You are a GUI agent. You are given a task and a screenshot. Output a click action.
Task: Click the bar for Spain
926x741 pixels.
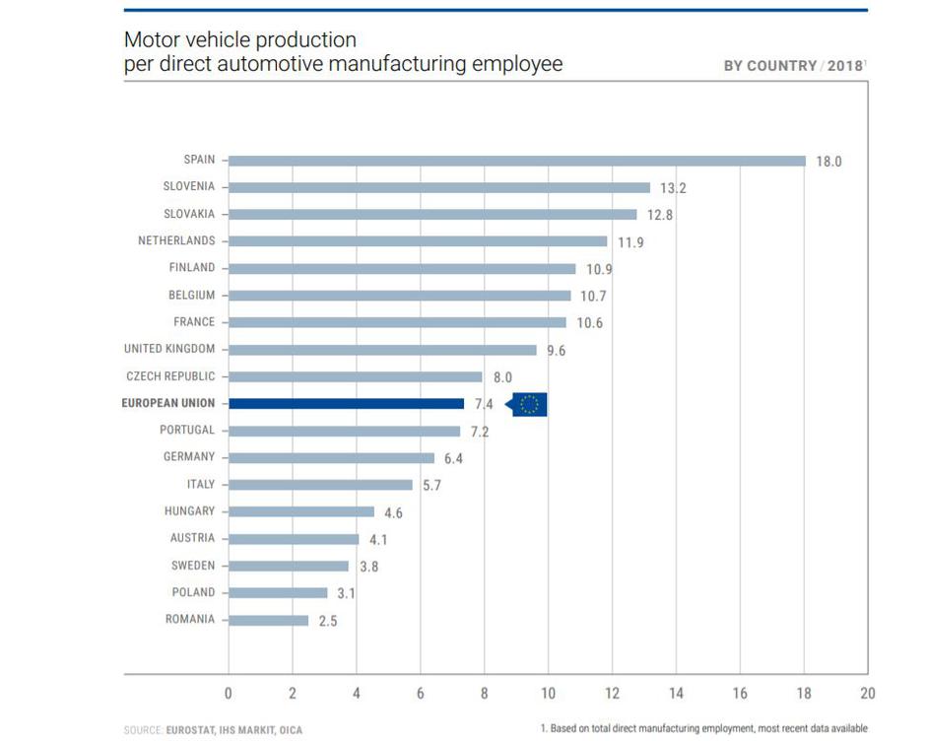coord(517,161)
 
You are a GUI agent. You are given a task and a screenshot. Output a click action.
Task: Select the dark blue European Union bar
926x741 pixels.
coord(346,403)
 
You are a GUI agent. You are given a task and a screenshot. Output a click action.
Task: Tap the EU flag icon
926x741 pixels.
coord(530,404)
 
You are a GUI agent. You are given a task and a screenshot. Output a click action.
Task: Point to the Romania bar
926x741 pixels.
coord(268,620)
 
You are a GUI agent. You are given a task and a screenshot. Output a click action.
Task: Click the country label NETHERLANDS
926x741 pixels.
coord(176,240)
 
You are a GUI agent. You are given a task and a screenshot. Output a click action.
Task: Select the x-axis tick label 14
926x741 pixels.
coord(676,694)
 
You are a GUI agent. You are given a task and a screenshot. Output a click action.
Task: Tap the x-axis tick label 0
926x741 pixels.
coord(229,694)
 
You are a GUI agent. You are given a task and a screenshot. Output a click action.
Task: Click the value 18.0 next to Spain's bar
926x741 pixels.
coord(828,162)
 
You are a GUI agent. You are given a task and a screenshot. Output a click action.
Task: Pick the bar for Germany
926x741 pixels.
coord(331,457)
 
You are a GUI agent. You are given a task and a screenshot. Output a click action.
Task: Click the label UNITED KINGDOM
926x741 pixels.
coord(169,349)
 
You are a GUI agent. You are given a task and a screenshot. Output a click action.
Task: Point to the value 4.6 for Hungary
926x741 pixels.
coord(393,512)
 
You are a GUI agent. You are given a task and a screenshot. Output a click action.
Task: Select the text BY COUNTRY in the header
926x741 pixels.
coord(769,66)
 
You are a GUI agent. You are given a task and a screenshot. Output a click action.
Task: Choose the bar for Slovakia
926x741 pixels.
coord(432,214)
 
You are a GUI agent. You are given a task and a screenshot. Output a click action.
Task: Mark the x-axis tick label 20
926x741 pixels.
coord(867,694)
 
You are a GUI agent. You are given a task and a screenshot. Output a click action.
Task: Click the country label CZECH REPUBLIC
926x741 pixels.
coord(170,376)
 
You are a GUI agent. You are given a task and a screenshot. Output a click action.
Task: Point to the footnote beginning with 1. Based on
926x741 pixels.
coord(704,729)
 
